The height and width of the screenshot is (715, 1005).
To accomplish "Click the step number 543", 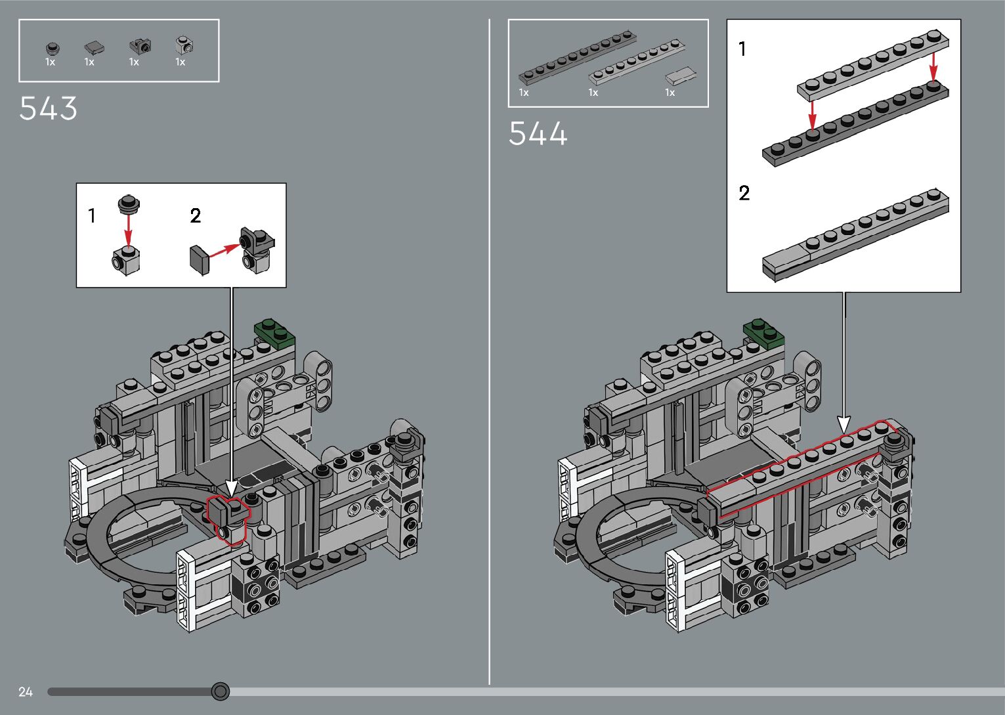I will click(49, 109).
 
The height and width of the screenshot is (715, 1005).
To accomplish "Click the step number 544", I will click(538, 135).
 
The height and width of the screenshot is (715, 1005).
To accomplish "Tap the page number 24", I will click(26, 691).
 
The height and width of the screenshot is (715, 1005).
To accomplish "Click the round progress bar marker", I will click(221, 691).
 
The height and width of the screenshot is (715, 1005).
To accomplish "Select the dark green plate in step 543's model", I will click(275, 332).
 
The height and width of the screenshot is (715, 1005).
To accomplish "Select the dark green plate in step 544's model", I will click(765, 332).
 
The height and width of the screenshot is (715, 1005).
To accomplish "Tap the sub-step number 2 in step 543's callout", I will click(196, 215).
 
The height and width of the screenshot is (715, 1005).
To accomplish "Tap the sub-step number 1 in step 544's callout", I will click(742, 49).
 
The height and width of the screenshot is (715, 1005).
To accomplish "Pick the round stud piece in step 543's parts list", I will click(52, 47).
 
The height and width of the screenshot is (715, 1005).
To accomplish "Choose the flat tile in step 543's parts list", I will click(95, 47).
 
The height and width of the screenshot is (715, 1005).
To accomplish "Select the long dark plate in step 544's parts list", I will click(577, 56).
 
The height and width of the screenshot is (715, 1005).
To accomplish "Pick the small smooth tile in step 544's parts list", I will click(680, 76).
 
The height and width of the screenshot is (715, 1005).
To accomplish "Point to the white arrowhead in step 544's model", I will click(844, 424).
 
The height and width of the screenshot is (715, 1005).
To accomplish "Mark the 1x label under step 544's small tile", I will click(670, 93).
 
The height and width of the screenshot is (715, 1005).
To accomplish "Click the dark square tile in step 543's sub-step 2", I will click(199, 259).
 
